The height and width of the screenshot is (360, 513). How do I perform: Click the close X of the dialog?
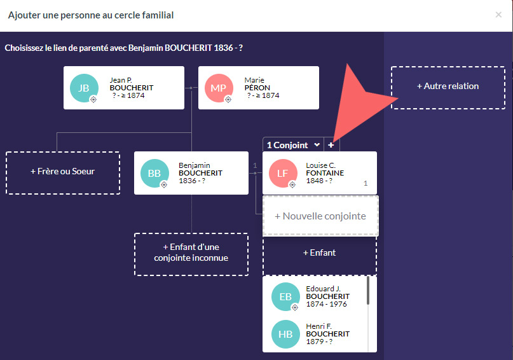click(498, 15)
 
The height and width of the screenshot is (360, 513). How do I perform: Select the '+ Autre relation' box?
click(448, 87)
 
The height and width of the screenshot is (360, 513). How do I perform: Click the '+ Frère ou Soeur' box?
click(63, 172)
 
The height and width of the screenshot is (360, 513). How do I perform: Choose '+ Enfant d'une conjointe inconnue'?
click(191, 253)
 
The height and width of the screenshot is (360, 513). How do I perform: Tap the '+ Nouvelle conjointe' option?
click(320, 216)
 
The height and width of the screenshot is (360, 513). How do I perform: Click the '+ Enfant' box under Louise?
click(319, 253)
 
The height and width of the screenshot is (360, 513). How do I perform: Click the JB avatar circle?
click(84, 88)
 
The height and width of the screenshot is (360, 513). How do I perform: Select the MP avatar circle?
click(218, 88)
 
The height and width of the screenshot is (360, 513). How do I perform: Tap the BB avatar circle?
click(154, 173)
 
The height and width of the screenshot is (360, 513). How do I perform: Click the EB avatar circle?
click(285, 296)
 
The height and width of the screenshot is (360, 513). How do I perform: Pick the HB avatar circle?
click(285, 334)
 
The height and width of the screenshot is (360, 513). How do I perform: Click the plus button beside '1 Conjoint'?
click(331, 145)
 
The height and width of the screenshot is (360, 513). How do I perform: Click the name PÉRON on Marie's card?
click(257, 88)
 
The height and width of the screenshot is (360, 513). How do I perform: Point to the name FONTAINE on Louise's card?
click(325, 173)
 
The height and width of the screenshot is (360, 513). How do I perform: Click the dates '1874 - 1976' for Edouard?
click(326, 304)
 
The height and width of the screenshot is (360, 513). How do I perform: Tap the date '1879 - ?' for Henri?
click(319, 342)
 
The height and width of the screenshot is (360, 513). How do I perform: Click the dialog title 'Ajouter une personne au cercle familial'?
click(91, 15)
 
